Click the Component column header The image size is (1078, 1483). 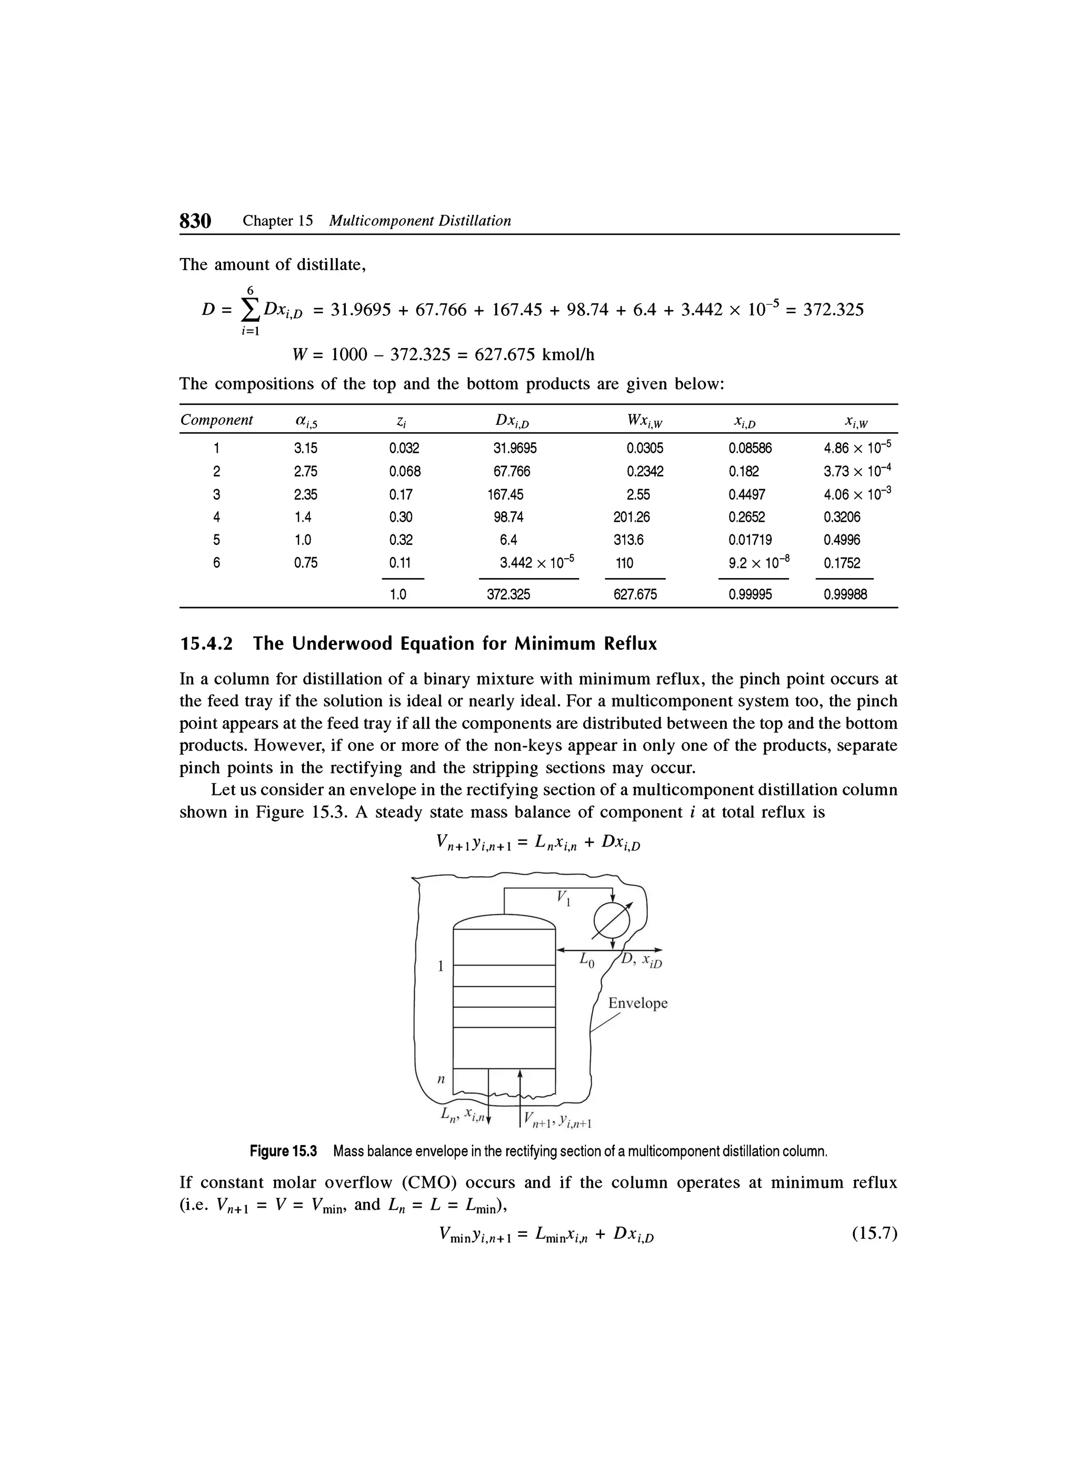[x=216, y=420]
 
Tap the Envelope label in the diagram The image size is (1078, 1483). [x=638, y=1003]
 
